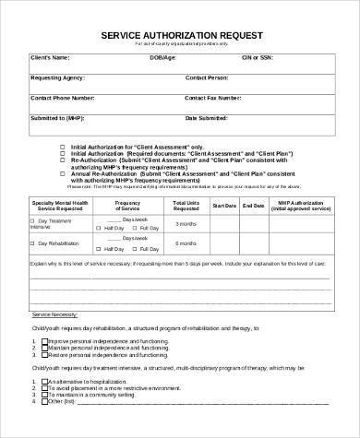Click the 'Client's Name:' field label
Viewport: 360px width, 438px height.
click(49, 58)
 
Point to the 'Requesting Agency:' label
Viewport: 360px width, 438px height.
click(59, 77)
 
